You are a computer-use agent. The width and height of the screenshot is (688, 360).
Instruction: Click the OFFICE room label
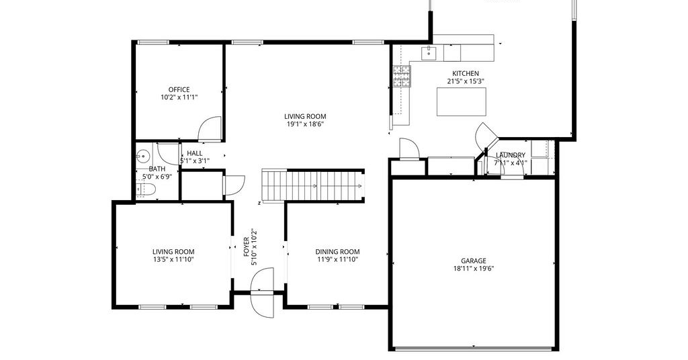[179, 90]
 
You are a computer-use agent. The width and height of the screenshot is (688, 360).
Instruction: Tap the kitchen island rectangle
[461, 101]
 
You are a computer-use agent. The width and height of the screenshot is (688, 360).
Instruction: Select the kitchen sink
[429, 54]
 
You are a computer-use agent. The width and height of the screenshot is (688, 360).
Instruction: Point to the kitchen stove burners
[402, 77]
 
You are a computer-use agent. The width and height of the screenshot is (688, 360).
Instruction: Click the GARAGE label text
[474, 261]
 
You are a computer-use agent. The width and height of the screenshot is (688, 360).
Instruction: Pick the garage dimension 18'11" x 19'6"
[474, 269]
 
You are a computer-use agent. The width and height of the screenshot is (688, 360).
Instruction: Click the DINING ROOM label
[337, 252]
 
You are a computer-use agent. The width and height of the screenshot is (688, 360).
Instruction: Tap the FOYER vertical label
[246, 247]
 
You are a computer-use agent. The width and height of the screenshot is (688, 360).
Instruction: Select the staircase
[313, 186]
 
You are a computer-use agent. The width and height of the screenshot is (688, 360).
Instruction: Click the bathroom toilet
[146, 189]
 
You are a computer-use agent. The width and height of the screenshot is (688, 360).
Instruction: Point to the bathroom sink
[142, 155]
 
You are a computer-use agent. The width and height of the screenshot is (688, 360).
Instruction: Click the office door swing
[210, 129]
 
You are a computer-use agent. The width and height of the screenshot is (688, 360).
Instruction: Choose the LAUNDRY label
[511, 155]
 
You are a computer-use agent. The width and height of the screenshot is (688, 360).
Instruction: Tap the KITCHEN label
[466, 74]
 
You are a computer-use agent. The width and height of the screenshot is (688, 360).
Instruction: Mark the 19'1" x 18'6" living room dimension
[305, 124]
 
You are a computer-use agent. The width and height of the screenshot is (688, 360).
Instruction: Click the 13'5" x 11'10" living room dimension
[173, 259]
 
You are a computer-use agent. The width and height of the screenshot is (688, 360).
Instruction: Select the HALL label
[194, 154]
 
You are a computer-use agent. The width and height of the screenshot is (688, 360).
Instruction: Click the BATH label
[157, 169]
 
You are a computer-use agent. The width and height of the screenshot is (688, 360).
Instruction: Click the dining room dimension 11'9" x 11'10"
[337, 259]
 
